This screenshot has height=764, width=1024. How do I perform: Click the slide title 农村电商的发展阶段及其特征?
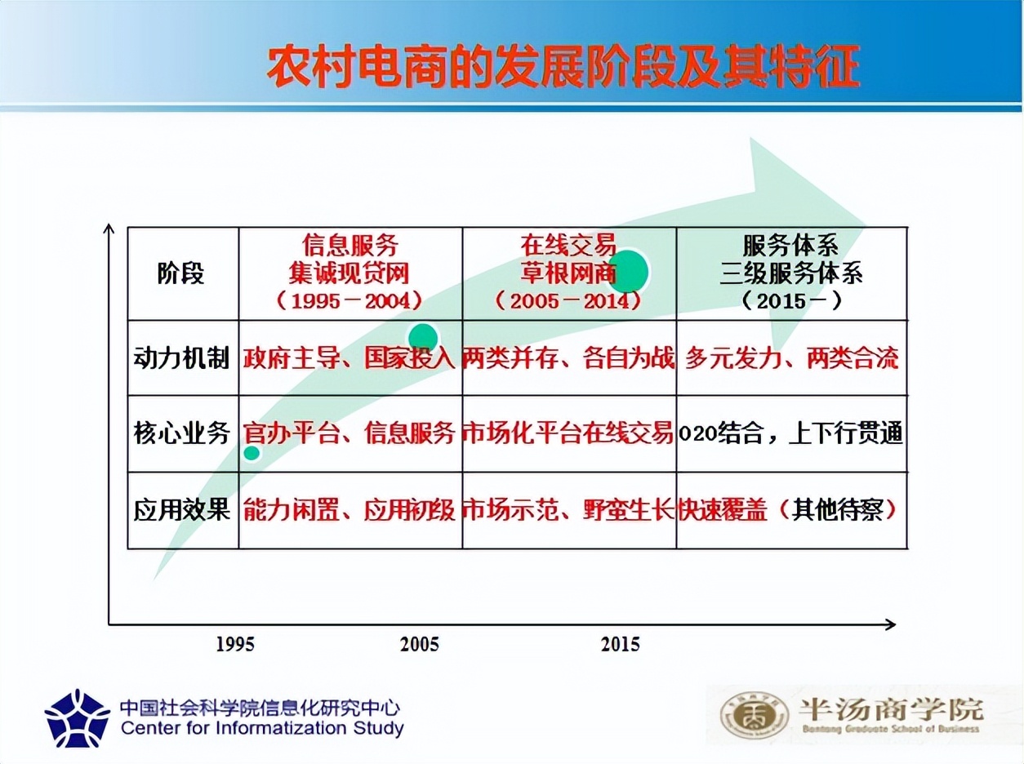point(563,68)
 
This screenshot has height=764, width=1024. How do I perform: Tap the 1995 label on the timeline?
point(235,644)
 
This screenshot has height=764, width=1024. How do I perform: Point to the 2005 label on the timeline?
point(420,644)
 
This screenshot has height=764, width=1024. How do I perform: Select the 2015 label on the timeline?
point(621,644)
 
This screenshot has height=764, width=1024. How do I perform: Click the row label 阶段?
point(181,273)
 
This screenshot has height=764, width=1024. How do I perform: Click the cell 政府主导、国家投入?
point(349,358)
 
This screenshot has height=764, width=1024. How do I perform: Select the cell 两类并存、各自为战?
point(569,358)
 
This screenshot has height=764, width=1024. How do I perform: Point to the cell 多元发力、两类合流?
point(791,358)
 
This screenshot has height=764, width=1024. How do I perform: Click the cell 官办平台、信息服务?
point(349,433)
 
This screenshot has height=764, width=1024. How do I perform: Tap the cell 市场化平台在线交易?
point(569,433)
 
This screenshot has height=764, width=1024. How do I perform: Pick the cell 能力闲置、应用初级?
point(349,510)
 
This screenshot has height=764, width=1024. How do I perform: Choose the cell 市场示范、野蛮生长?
point(569,510)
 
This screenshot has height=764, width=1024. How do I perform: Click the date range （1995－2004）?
point(349,300)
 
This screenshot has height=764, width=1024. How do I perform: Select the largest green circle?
point(627,271)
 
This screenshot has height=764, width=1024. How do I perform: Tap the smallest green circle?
point(252,453)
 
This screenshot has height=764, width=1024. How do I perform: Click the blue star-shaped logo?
point(78,718)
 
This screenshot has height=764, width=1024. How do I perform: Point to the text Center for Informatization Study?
point(262,728)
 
